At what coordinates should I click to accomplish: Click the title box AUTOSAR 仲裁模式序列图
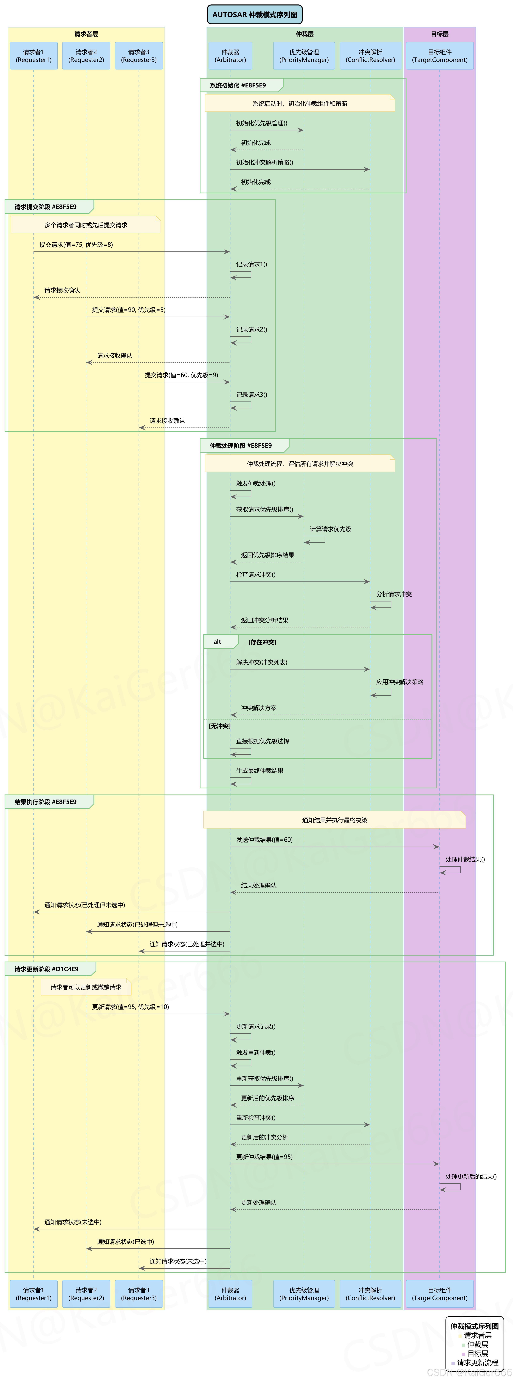pos(255,14)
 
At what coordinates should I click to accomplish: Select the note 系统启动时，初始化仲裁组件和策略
pos(300,103)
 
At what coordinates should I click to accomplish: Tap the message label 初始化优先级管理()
pos(262,123)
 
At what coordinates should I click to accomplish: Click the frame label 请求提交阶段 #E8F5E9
pos(46,207)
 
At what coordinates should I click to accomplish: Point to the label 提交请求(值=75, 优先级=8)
pos(76,245)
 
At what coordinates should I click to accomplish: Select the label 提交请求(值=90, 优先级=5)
pos(129,310)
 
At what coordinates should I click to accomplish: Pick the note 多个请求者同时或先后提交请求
pos(86,225)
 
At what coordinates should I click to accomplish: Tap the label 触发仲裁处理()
pos(256,484)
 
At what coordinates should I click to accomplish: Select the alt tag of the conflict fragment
pos(217,642)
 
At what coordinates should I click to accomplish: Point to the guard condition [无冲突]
pos(220,726)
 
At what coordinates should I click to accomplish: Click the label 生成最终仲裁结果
pos(260,771)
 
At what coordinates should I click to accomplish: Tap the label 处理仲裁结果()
pos(465,859)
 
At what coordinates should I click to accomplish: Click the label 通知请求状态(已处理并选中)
pos(186,944)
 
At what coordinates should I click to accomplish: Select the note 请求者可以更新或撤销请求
pos(86,988)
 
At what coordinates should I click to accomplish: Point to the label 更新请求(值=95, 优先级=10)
pos(130,1007)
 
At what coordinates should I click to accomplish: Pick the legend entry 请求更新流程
pos(477,1362)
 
